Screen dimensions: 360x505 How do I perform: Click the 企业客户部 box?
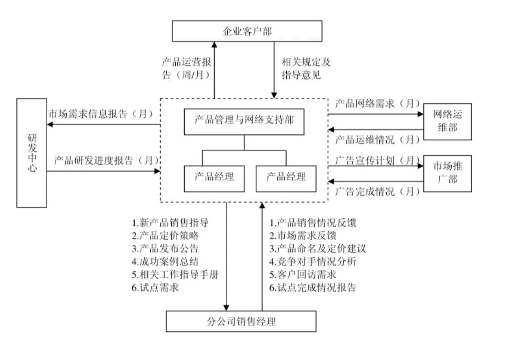click(247, 31)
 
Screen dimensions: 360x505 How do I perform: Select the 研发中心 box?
click(32, 153)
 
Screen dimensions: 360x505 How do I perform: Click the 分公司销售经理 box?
click(241, 322)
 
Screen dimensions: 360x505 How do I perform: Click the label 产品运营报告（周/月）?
click(186, 69)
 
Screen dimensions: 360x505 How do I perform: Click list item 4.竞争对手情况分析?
click(313, 261)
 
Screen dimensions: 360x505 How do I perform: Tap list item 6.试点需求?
click(155, 288)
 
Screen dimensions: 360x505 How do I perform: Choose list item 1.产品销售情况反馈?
click(313, 223)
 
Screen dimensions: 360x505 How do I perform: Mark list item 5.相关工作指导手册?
click(175, 274)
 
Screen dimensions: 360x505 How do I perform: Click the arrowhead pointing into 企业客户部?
click(215, 45)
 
